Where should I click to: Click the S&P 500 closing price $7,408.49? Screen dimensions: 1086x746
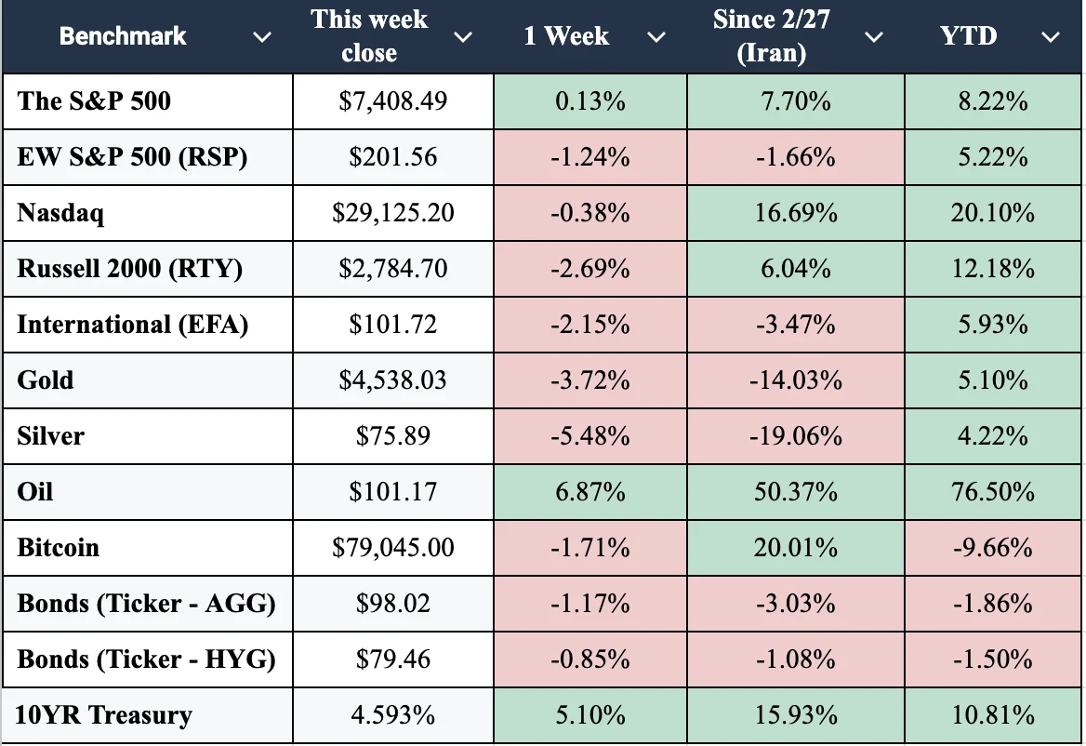[392, 101]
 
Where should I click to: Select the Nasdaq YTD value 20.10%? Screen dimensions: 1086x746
[992, 213]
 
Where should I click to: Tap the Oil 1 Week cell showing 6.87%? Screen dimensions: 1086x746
[590, 492]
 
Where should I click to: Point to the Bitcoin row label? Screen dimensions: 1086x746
[59, 547]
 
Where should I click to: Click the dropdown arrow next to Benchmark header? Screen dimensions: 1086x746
[262, 36]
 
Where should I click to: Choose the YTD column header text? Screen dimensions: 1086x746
[968, 35]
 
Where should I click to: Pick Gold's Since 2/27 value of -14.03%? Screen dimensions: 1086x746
[796, 380]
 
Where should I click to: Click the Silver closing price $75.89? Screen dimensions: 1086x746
[392, 435]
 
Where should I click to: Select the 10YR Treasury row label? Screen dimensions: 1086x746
[103, 714]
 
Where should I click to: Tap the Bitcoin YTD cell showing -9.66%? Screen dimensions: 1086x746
[992, 548]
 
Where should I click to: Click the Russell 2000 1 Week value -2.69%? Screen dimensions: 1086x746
[590, 269]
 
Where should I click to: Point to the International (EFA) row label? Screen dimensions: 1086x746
[132, 325]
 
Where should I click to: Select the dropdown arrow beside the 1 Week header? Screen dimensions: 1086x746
[656, 36]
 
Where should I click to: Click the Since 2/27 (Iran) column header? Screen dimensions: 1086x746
[772, 36]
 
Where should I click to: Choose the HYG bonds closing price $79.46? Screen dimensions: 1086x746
[392, 659]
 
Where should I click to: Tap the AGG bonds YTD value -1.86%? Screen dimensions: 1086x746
[992, 604]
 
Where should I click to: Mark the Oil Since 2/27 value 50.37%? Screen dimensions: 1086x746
[796, 492]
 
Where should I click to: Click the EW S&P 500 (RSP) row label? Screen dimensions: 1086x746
[132, 156]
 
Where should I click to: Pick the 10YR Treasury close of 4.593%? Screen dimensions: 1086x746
[392, 714]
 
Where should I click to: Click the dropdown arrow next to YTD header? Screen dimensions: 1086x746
[1051, 36]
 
